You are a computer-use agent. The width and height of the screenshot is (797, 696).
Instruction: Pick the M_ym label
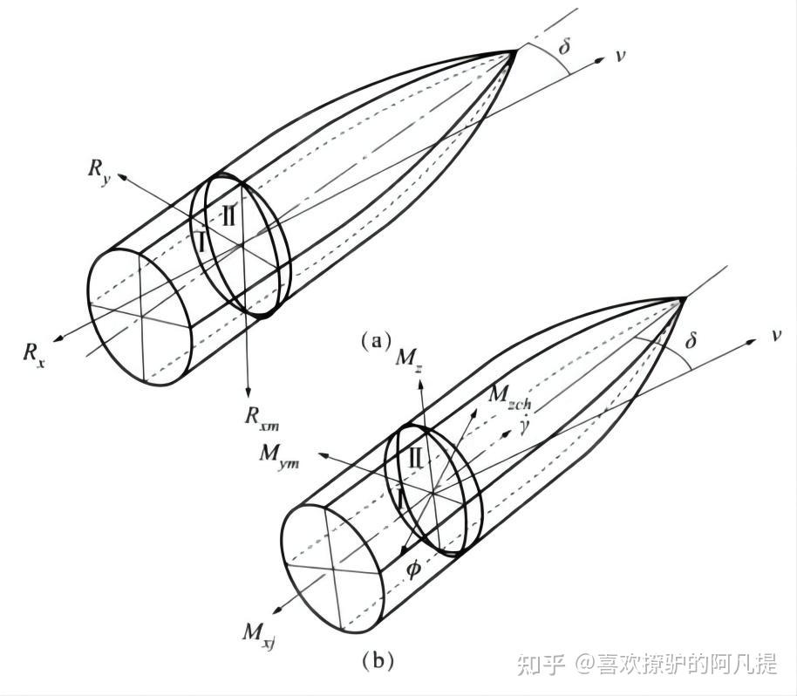(x=279, y=457)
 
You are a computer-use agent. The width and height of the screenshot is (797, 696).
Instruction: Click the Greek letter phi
(x=413, y=569)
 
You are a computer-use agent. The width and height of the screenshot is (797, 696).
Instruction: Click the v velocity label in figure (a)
(x=619, y=57)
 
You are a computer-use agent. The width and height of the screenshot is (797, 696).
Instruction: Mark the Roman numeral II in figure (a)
(x=228, y=215)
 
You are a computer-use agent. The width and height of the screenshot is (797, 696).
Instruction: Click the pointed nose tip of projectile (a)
(x=515, y=51)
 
